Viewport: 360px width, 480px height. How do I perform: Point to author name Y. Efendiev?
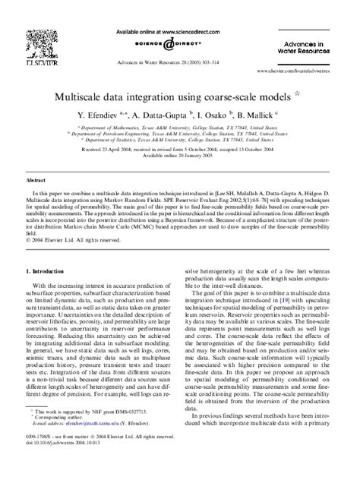click(99, 115)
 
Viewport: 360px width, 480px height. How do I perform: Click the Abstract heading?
click(36, 183)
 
